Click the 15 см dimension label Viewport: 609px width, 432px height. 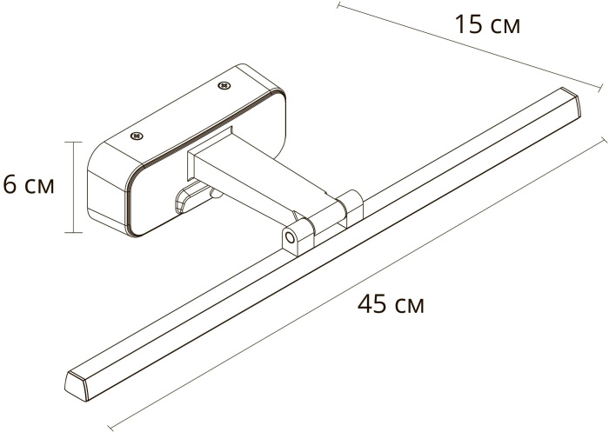click(487, 25)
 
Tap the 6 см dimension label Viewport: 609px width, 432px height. click(29, 184)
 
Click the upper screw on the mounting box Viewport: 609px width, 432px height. click(224, 85)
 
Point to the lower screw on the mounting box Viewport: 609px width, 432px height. click(137, 136)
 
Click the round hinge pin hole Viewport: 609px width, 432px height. click(289, 236)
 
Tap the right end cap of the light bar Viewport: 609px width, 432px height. click(570, 102)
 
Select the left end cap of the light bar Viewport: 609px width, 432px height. click(77, 385)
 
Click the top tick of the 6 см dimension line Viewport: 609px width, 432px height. click(73, 142)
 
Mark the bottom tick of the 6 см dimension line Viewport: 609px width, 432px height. click(73, 232)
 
